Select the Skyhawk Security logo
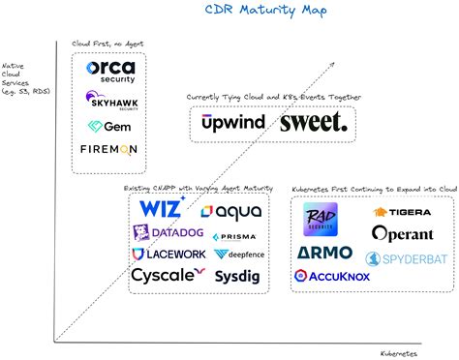(110, 100)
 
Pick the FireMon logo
(109, 149)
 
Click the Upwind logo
(231, 122)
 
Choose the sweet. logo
(313, 122)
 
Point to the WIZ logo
(163, 208)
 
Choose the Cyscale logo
(168, 275)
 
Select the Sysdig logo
(236, 276)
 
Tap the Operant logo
(400, 233)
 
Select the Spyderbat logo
(399, 258)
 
